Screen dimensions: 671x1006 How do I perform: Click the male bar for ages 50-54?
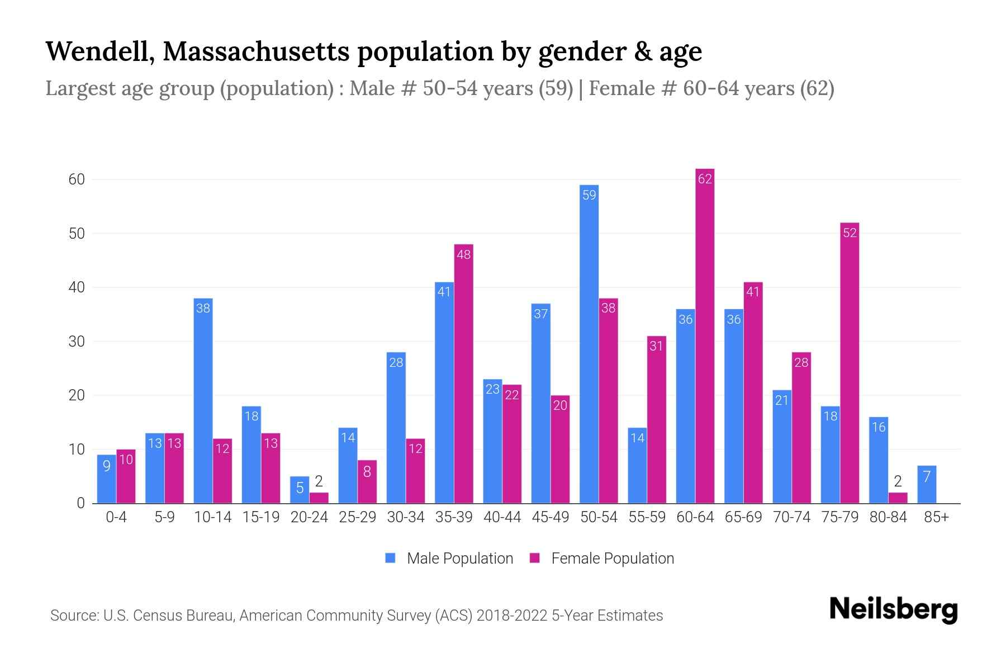click(x=589, y=344)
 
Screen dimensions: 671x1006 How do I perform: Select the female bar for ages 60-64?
click(x=705, y=335)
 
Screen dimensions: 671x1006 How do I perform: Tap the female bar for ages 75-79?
click(x=850, y=363)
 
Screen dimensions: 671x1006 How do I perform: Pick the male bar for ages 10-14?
click(x=203, y=400)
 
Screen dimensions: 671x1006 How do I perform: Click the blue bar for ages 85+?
click(x=927, y=484)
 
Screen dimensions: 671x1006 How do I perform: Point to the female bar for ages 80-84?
click(x=898, y=498)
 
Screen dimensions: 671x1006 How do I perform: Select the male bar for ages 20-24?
click(x=300, y=490)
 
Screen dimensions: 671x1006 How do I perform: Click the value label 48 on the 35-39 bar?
click(x=464, y=254)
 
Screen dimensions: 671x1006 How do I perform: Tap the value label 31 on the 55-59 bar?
click(x=656, y=346)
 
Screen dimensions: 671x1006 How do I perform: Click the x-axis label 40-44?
click(x=502, y=517)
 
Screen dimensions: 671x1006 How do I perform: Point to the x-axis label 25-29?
click(x=357, y=517)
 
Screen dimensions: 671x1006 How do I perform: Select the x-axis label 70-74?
click(x=791, y=517)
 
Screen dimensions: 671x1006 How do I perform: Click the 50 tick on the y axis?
click(x=77, y=233)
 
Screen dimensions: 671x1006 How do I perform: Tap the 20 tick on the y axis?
click(x=77, y=395)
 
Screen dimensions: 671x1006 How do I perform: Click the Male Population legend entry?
click(x=449, y=558)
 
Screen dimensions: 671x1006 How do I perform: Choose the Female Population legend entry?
click(x=602, y=558)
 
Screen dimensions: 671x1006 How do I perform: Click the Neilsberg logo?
click(x=893, y=609)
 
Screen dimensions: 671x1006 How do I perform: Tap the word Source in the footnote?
click(x=73, y=616)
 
